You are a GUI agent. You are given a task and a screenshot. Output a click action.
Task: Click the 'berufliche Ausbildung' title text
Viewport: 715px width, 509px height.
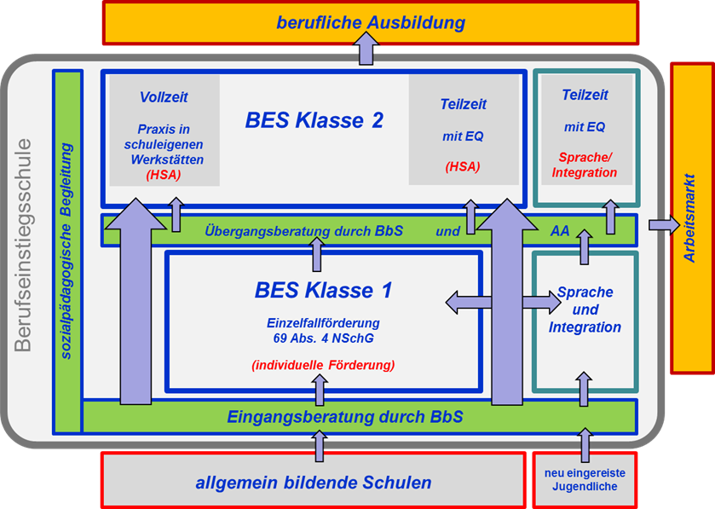coord(371,22)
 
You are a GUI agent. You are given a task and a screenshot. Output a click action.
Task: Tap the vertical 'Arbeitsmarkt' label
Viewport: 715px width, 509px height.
coord(689,217)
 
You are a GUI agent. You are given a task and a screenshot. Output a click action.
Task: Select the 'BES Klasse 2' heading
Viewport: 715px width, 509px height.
coord(314,120)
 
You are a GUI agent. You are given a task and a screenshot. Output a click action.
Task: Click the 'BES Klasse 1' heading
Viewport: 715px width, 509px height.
coord(323,290)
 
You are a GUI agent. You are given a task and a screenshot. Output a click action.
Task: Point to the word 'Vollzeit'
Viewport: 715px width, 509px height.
coord(164,97)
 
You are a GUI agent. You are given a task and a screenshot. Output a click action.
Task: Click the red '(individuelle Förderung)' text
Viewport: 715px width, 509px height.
coord(323,365)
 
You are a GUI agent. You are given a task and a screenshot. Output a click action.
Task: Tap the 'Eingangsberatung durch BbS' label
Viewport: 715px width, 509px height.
coord(345,417)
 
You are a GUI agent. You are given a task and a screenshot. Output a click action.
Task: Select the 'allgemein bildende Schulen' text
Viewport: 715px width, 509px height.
coord(314,483)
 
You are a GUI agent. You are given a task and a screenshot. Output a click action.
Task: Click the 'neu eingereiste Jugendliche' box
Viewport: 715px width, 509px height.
coord(585,480)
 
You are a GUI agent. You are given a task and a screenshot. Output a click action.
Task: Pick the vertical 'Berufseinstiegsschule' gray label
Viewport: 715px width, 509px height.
coord(23,245)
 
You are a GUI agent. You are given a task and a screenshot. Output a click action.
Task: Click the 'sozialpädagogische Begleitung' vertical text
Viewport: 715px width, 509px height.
coord(66,251)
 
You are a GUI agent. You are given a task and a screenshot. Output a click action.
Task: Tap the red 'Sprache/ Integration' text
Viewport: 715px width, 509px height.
coord(585,165)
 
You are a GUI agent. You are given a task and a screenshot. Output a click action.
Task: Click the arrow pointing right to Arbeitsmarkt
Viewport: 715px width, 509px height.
coord(665,225)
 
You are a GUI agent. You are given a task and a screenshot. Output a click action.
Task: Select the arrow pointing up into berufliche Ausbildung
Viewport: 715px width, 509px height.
coord(366,49)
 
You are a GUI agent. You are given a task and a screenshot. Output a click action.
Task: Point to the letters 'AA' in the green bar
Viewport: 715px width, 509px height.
coord(560,231)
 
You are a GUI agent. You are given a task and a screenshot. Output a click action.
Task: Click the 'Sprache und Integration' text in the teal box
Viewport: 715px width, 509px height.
coord(585,309)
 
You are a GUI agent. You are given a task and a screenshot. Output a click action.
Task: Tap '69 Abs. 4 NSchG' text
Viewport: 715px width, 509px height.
coord(323,338)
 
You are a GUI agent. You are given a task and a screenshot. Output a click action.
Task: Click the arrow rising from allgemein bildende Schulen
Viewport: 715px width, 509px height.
coord(320,446)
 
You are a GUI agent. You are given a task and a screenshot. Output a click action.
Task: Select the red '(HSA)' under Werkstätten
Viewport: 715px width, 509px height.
coord(164,175)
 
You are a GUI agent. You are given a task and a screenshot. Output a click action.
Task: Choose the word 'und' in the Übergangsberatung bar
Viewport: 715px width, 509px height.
coord(447,231)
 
